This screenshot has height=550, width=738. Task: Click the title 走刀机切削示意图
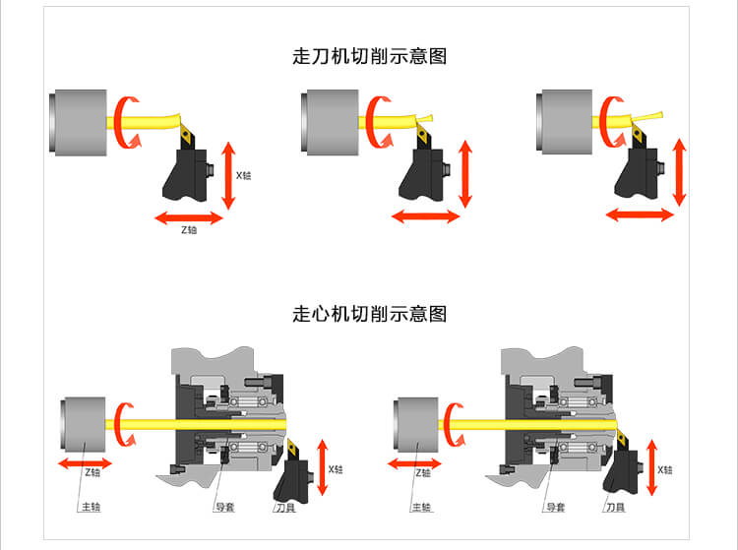[369, 56]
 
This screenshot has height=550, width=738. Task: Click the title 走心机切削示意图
[369, 313]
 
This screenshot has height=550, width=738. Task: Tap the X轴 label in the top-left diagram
[243, 175]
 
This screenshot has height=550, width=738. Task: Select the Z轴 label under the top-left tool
[189, 230]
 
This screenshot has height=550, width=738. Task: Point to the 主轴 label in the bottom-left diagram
[92, 507]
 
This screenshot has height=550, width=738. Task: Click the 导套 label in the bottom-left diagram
[225, 507]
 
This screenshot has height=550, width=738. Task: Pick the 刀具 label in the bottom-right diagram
[616, 507]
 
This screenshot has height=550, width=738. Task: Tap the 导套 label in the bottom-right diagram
[556, 507]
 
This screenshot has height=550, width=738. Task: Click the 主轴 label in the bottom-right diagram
[422, 507]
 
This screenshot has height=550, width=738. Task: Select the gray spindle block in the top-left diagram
[78, 123]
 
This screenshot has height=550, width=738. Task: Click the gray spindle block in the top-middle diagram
[330, 122]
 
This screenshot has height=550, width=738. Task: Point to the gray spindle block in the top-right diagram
[565, 122]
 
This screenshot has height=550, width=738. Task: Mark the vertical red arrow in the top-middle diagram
[465, 174]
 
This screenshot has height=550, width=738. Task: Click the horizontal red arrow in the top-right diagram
[641, 215]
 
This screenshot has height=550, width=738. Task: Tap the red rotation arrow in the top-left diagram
[126, 122]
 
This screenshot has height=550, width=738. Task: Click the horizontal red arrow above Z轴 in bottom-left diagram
[85, 463]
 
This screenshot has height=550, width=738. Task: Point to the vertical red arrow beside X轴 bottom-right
[651, 467]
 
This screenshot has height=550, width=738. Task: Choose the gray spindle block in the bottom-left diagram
[84, 425]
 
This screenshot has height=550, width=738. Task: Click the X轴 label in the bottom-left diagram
[336, 469]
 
